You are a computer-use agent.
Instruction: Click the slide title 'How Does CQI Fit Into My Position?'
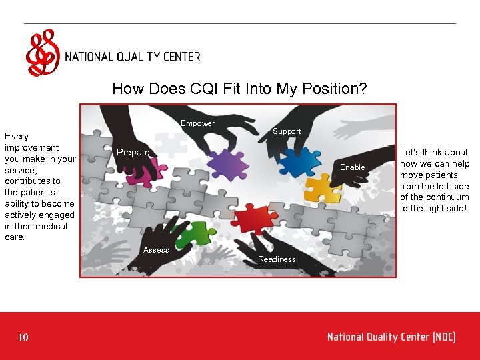[x=239, y=89]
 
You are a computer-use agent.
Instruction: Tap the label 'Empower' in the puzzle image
[x=197, y=123]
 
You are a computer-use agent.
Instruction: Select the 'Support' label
[x=287, y=131]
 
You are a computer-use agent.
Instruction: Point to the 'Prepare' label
[x=133, y=153]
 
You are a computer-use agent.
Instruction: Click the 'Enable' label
[x=353, y=167]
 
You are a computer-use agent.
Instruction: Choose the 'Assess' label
[x=157, y=250]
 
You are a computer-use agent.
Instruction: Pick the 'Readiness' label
[x=277, y=259]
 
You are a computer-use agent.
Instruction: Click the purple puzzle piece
[x=227, y=163]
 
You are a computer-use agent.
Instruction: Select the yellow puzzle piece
[x=323, y=189]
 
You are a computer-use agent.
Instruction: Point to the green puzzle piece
[x=193, y=233]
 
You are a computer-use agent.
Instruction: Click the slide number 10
[x=23, y=338]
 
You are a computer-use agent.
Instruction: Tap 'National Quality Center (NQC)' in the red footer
[x=391, y=337]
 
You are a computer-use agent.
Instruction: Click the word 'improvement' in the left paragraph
[x=31, y=148]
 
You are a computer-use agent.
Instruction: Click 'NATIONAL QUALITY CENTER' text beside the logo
[x=133, y=57]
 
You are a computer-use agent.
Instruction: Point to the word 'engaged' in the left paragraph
[x=58, y=215]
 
